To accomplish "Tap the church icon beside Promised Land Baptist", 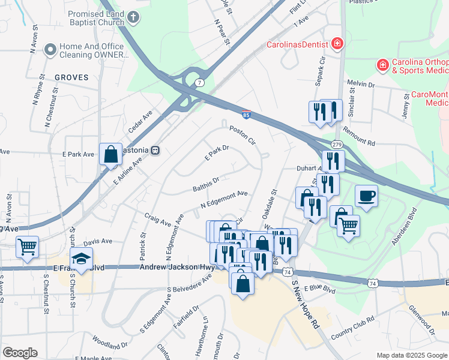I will click(133, 18).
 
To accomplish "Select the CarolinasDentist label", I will click(298, 44).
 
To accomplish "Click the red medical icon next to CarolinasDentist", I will click(337, 44).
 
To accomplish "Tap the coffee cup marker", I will click(366, 195).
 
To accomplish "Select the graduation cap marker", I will click(81, 259).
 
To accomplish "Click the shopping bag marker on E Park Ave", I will click(111, 154).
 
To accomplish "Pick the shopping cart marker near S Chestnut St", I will click(28, 246).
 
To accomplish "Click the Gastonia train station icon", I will click(155, 150).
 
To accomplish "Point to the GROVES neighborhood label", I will click(71, 77).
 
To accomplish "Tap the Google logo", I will click(19, 353).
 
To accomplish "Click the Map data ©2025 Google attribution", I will click(411, 355).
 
